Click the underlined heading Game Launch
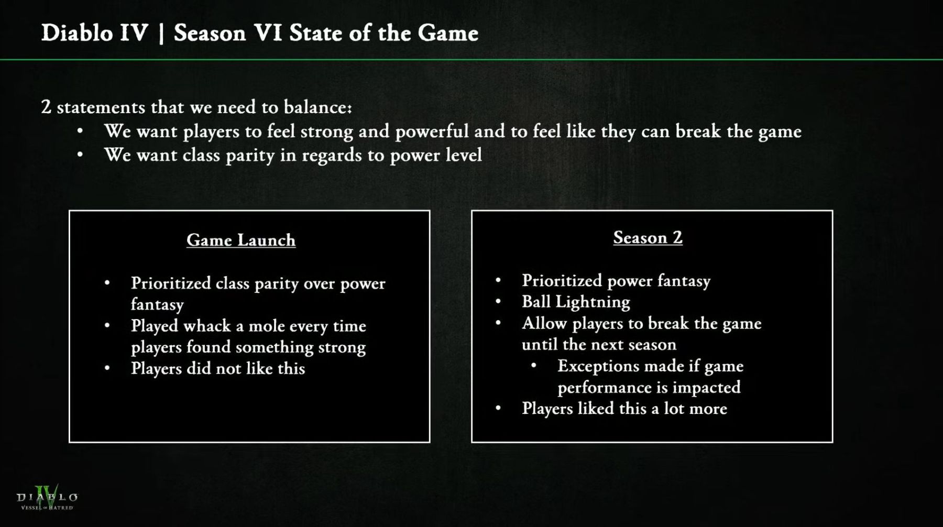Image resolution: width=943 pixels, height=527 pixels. point(241,240)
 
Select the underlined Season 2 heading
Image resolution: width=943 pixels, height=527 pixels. point(648,237)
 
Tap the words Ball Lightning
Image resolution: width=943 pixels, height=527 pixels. point(576,302)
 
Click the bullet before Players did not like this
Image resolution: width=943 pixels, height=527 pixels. point(107,368)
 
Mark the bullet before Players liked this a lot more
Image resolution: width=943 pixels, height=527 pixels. point(498,409)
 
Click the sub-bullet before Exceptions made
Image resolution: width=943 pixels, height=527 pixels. point(534,366)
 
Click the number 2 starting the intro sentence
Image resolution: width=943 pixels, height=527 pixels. point(46,107)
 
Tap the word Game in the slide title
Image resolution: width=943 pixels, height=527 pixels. point(448,33)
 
